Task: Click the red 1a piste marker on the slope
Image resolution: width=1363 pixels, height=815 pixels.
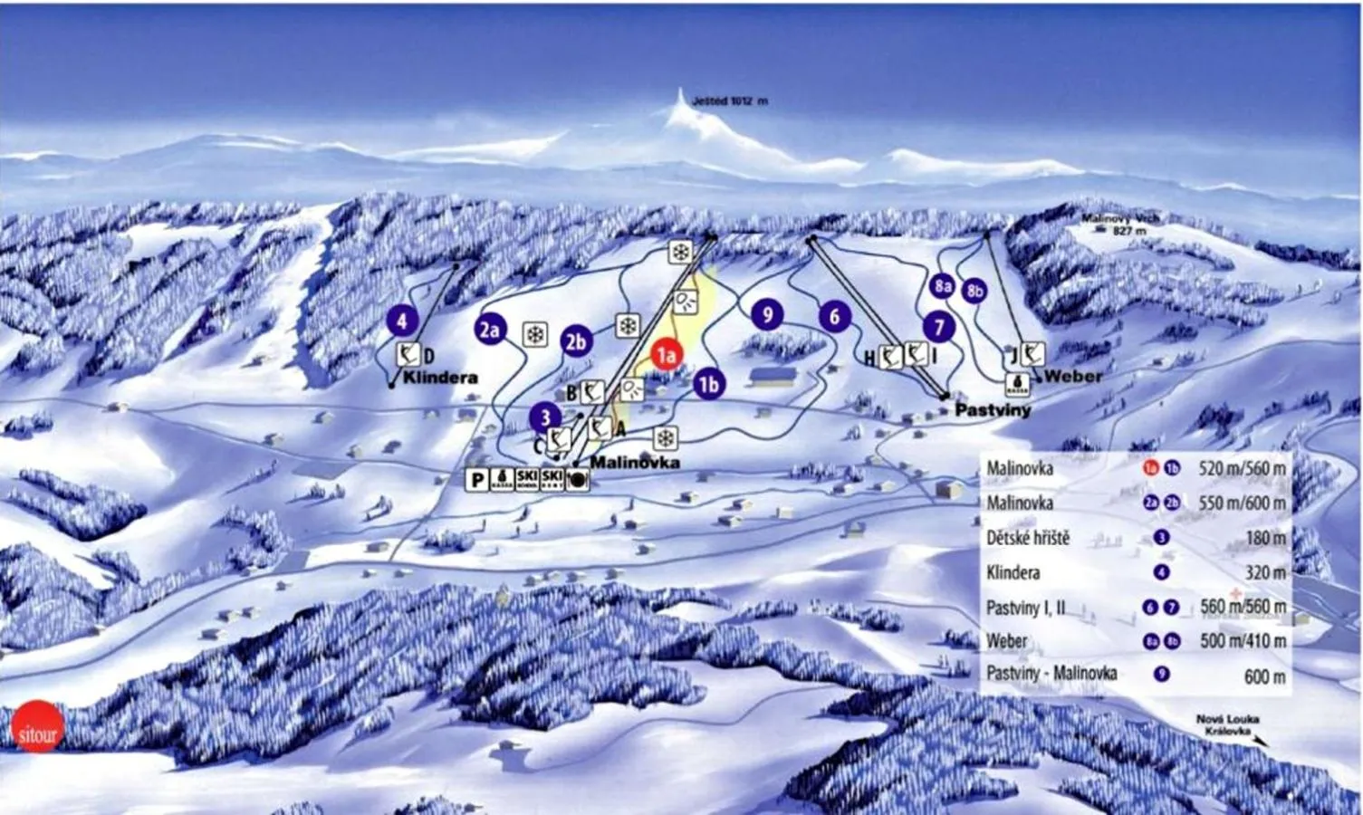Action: pos(667,354)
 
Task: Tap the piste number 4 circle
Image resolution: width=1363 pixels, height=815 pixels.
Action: pos(402,320)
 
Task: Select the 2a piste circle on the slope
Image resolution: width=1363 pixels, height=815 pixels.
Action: pos(490,330)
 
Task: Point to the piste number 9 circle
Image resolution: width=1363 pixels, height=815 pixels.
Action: pos(767,314)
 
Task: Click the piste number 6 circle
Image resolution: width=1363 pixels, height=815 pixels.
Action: pos(835,316)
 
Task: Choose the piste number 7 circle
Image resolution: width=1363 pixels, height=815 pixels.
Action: pos(939,327)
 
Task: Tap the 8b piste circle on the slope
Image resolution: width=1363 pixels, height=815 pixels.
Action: pos(974,291)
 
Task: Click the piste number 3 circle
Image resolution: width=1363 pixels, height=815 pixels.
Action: pos(545,417)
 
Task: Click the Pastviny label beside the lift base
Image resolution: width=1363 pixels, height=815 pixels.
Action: pos(993,410)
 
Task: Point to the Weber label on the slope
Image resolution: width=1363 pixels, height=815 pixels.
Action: pos(1072,376)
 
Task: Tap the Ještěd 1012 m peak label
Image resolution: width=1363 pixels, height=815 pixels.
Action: pos(729,101)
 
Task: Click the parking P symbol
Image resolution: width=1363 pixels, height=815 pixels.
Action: pos(476,480)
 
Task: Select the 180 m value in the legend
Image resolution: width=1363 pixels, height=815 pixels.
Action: pos(1265,538)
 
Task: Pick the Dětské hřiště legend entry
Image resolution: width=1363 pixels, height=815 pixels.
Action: pos(1028,538)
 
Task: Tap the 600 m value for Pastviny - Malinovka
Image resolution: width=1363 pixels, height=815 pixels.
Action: pos(1264,676)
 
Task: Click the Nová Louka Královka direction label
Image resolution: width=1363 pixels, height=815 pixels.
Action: pos(1227,725)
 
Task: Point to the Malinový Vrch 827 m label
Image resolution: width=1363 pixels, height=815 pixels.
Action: pos(1120,224)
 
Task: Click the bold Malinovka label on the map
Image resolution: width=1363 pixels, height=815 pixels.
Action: pos(634,463)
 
